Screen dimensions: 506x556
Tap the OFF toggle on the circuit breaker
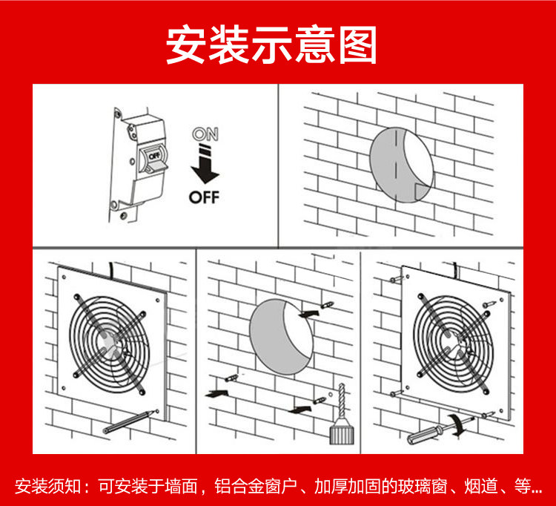click(153, 157)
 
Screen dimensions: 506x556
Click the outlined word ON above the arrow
click(205, 135)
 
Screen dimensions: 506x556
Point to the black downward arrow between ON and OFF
click(205, 168)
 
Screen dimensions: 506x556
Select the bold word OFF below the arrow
click(205, 197)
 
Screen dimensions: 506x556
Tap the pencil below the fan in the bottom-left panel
click(130, 421)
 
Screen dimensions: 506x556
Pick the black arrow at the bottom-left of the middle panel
click(215, 394)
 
